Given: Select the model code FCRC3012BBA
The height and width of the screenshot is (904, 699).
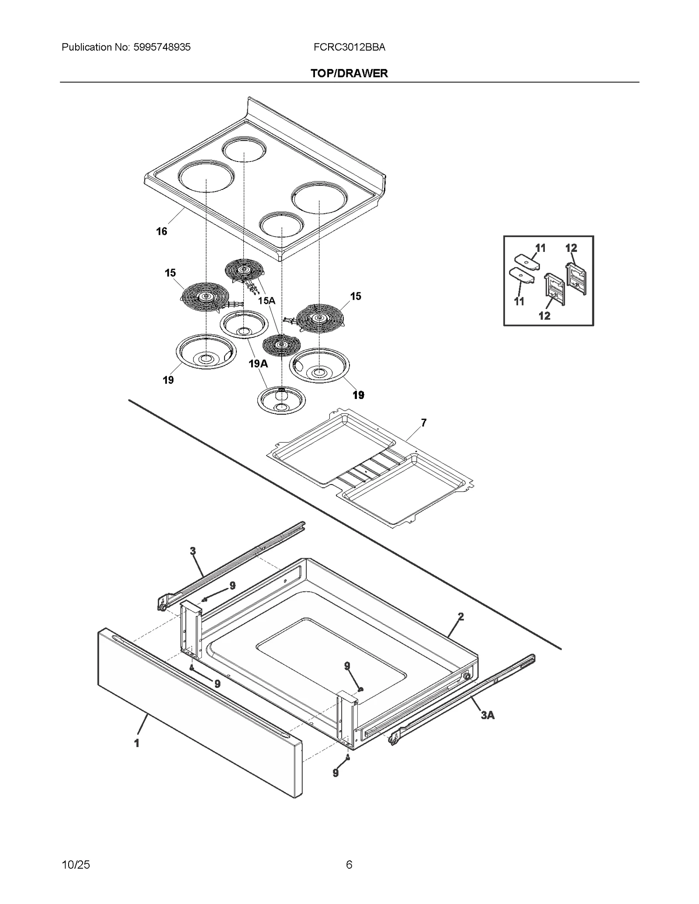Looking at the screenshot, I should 349,47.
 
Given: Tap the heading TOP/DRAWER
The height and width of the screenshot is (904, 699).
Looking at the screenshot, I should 349,73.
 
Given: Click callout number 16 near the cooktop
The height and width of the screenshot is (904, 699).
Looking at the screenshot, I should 162,231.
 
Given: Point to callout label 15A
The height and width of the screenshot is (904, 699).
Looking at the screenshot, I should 266,301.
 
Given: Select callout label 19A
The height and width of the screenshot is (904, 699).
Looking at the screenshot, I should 258,363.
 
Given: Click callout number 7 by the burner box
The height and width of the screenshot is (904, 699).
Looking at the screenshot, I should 423,423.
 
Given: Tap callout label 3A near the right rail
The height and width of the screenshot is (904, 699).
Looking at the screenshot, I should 488,715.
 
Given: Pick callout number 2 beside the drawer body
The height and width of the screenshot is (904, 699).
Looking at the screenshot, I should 460,617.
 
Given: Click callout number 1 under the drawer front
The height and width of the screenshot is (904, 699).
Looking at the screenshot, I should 137,743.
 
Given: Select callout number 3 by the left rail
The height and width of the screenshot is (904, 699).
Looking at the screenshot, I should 193,551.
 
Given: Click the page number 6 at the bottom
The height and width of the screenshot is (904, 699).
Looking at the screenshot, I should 349,865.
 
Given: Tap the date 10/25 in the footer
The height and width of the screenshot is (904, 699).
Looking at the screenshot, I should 76,865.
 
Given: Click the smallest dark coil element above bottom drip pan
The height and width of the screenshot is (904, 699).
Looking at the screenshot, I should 281,345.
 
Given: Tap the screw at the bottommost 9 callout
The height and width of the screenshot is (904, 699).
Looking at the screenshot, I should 348,757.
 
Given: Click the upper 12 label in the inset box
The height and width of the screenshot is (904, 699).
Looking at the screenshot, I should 571,248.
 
